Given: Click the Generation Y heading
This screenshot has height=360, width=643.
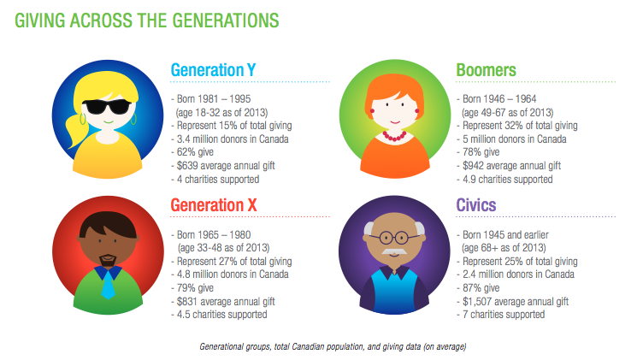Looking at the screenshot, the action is (x=213, y=70).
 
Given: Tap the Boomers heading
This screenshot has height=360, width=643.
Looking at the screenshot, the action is (x=486, y=70).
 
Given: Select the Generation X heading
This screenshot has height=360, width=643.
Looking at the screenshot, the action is (x=214, y=205).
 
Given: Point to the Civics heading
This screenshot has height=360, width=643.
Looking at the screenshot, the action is (x=476, y=205).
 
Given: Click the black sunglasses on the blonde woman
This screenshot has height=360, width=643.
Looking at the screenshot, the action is (x=107, y=107).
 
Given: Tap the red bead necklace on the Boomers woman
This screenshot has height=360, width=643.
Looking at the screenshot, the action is (x=394, y=136).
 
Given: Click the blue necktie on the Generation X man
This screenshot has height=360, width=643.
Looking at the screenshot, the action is (x=108, y=284).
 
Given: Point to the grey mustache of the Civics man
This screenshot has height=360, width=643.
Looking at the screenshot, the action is (x=394, y=251).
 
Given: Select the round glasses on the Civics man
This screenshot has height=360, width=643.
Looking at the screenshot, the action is (x=394, y=238).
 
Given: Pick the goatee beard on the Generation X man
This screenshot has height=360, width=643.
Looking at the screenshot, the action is (x=108, y=260).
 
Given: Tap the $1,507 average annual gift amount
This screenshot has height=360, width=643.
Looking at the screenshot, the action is (x=477, y=302).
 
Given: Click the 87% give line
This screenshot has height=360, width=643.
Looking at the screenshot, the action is (x=478, y=288).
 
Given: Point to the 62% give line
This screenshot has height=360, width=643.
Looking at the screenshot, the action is (x=192, y=152).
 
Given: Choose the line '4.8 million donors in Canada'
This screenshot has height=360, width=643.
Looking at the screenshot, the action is (x=230, y=274).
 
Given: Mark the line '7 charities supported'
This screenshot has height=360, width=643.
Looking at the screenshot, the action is (x=501, y=315).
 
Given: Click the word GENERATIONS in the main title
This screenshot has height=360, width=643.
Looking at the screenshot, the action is (x=226, y=21).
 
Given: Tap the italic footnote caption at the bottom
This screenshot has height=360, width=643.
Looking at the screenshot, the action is (x=333, y=347).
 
